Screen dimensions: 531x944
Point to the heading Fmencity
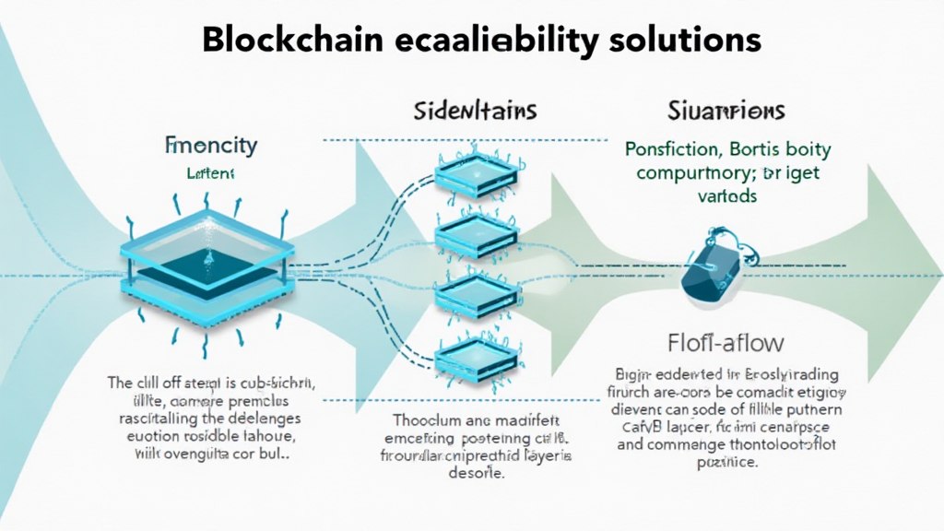coord(211,145)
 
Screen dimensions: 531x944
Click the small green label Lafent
coord(211,171)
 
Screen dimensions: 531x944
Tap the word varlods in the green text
coord(727,195)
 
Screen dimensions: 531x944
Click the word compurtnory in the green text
coord(678,171)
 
